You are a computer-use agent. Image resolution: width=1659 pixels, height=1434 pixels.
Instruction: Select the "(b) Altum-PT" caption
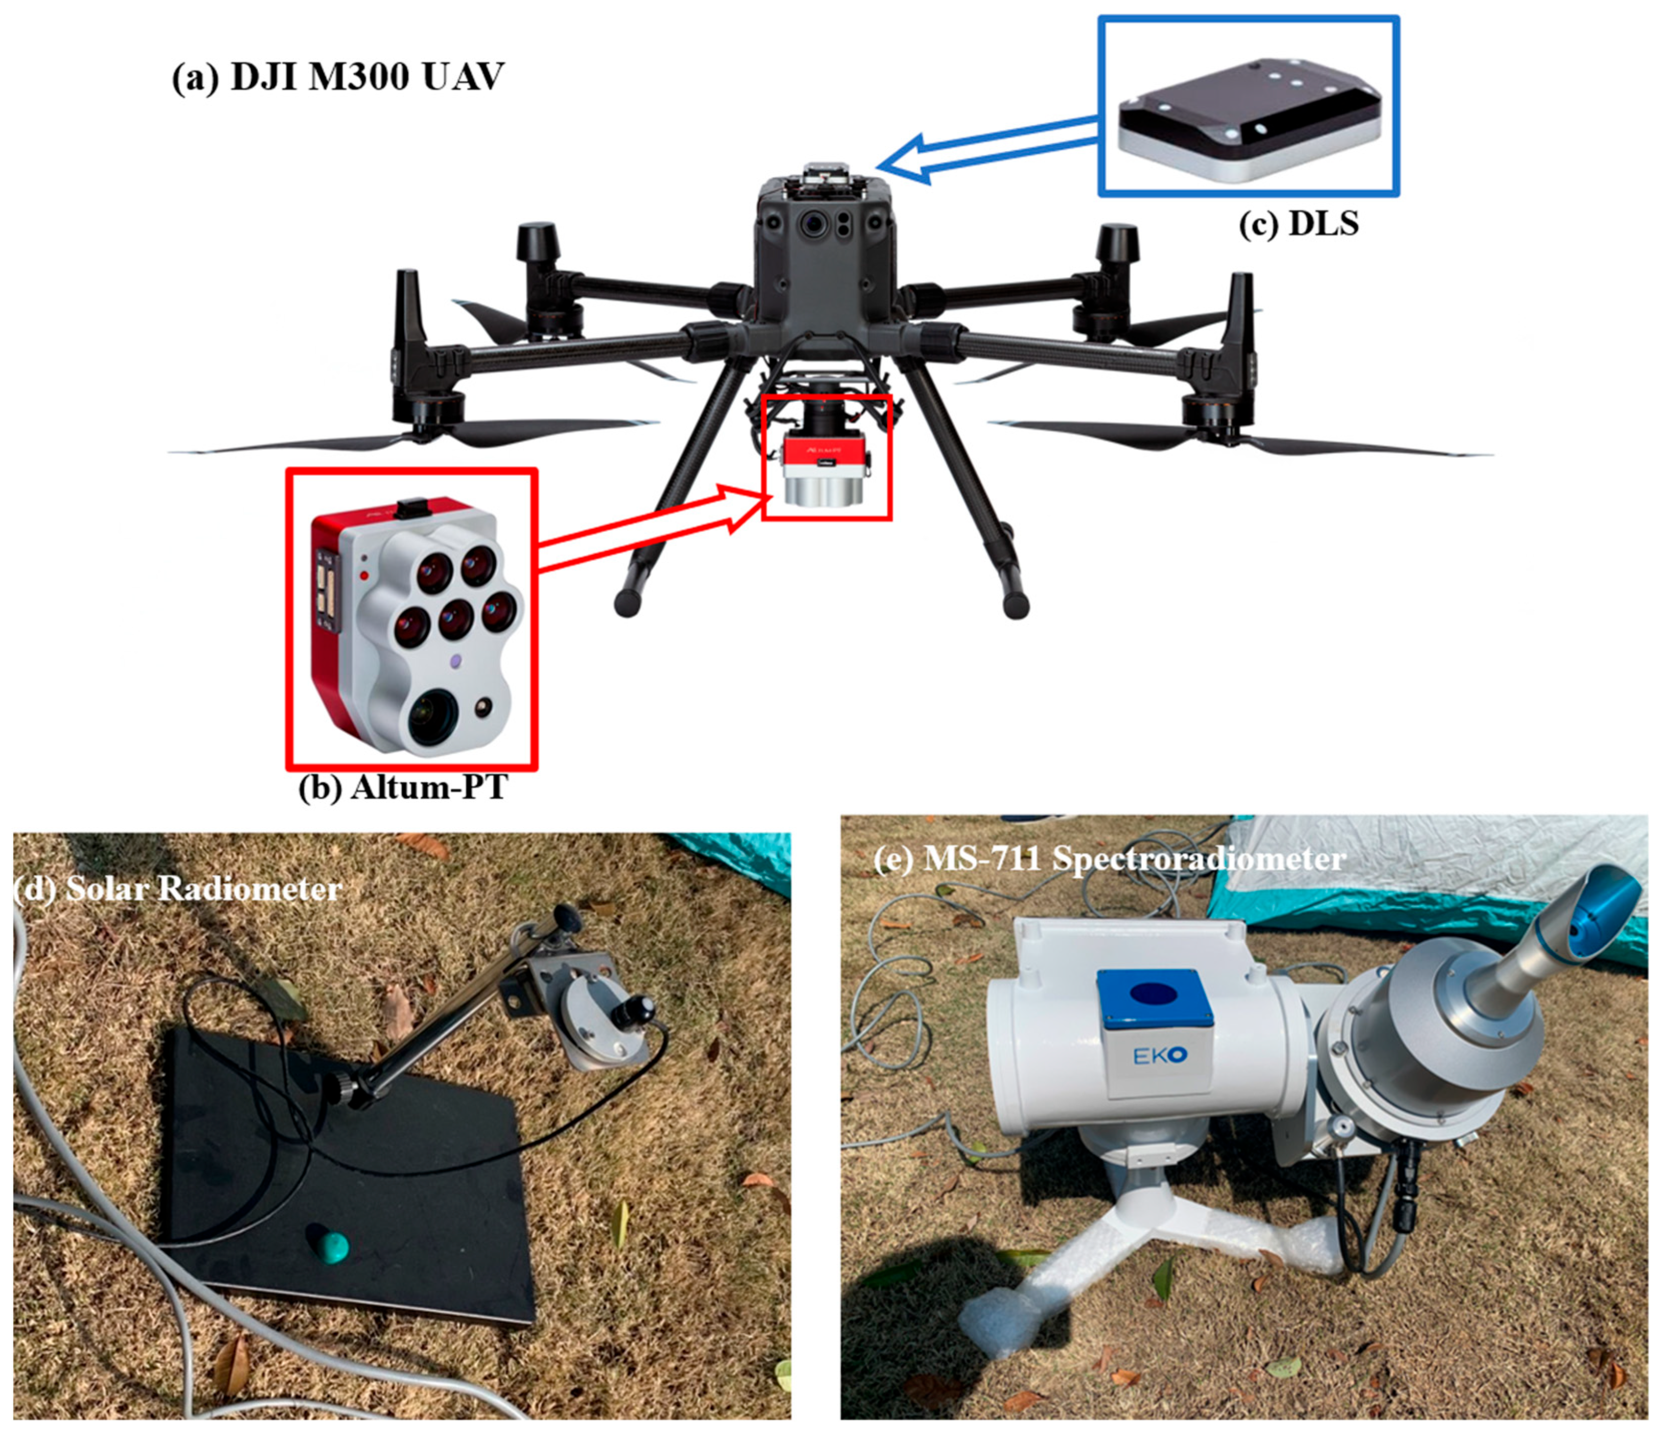point(403,787)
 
